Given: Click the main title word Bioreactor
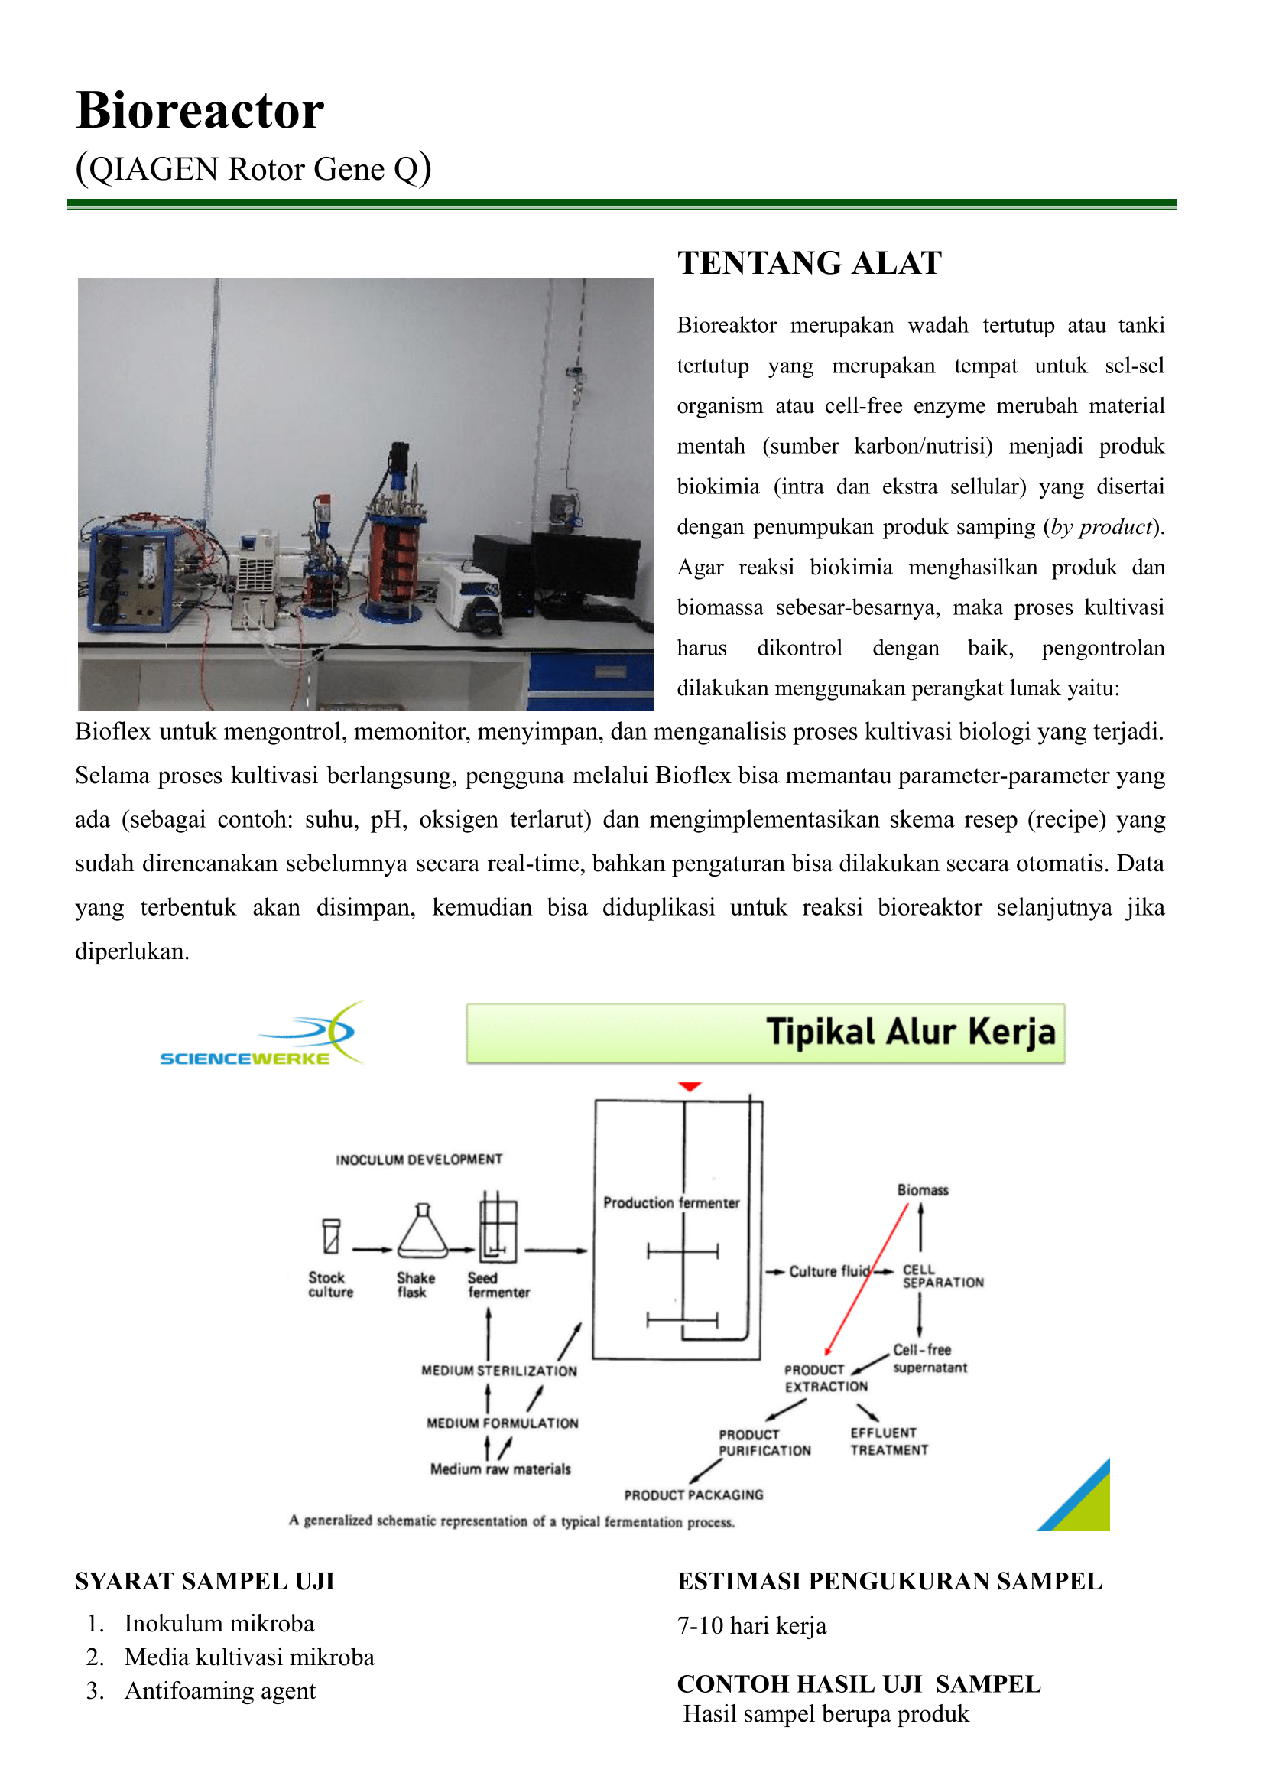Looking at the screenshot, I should (200, 110).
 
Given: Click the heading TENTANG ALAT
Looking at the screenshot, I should (809, 264).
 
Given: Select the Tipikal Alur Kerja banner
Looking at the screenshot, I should (765, 1033).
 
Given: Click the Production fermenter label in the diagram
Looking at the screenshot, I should (671, 1202).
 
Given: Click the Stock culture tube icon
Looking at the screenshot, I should (331, 1235).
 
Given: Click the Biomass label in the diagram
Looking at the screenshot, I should (922, 1190).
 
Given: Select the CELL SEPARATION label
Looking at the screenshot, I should (942, 1276).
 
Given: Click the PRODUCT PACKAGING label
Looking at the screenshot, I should (694, 1495).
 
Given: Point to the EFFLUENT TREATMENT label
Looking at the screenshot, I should (888, 1441).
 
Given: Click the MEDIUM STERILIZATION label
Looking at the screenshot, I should (499, 1371).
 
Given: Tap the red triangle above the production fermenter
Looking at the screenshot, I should (690, 1086).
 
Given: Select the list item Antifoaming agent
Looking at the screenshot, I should (220, 1691).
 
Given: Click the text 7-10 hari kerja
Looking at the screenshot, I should (751, 1626).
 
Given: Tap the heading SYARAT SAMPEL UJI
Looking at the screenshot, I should (204, 1582).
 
